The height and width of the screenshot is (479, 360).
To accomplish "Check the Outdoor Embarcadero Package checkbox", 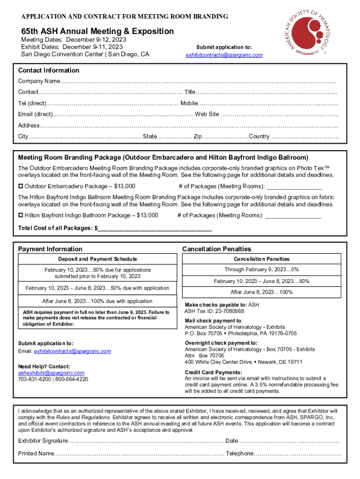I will [x=21, y=186].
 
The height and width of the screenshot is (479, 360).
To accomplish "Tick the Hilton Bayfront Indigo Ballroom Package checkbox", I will [x=21, y=215].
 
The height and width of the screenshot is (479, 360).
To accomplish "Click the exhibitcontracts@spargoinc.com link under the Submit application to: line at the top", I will [x=224, y=55].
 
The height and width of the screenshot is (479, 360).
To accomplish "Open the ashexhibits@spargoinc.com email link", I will [x=51, y=373].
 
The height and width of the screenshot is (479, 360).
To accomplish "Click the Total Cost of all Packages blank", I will [x=155, y=228].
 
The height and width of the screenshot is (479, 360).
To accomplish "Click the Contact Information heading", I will [x=49, y=70].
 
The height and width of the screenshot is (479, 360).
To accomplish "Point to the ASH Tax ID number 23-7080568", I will [x=227, y=311].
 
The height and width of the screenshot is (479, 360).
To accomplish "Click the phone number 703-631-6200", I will [x=34, y=379].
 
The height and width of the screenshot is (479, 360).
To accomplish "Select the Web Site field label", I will [x=207, y=114].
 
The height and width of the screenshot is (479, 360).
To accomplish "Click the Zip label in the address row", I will [x=198, y=137].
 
